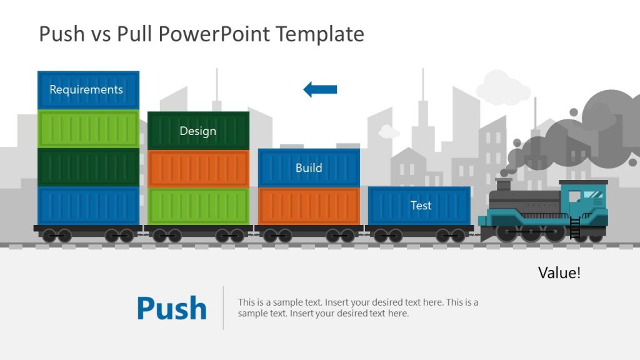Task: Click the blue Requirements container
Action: click(x=88, y=89)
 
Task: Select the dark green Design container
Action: click(x=198, y=131)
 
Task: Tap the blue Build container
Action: click(x=309, y=167)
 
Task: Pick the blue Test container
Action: click(x=419, y=205)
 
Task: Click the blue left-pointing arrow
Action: click(x=320, y=89)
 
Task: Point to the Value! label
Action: click(x=559, y=273)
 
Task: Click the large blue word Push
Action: click(x=171, y=308)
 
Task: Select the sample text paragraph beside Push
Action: click(x=357, y=307)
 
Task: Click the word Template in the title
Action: click(x=320, y=34)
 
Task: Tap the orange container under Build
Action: click(x=309, y=206)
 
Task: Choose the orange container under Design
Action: click(x=198, y=168)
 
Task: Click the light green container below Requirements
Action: click(x=88, y=129)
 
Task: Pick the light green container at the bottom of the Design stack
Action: click(x=198, y=206)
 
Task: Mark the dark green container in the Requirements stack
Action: click(x=88, y=167)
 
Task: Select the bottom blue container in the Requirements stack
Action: click(x=88, y=206)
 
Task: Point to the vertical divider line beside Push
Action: click(x=223, y=307)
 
